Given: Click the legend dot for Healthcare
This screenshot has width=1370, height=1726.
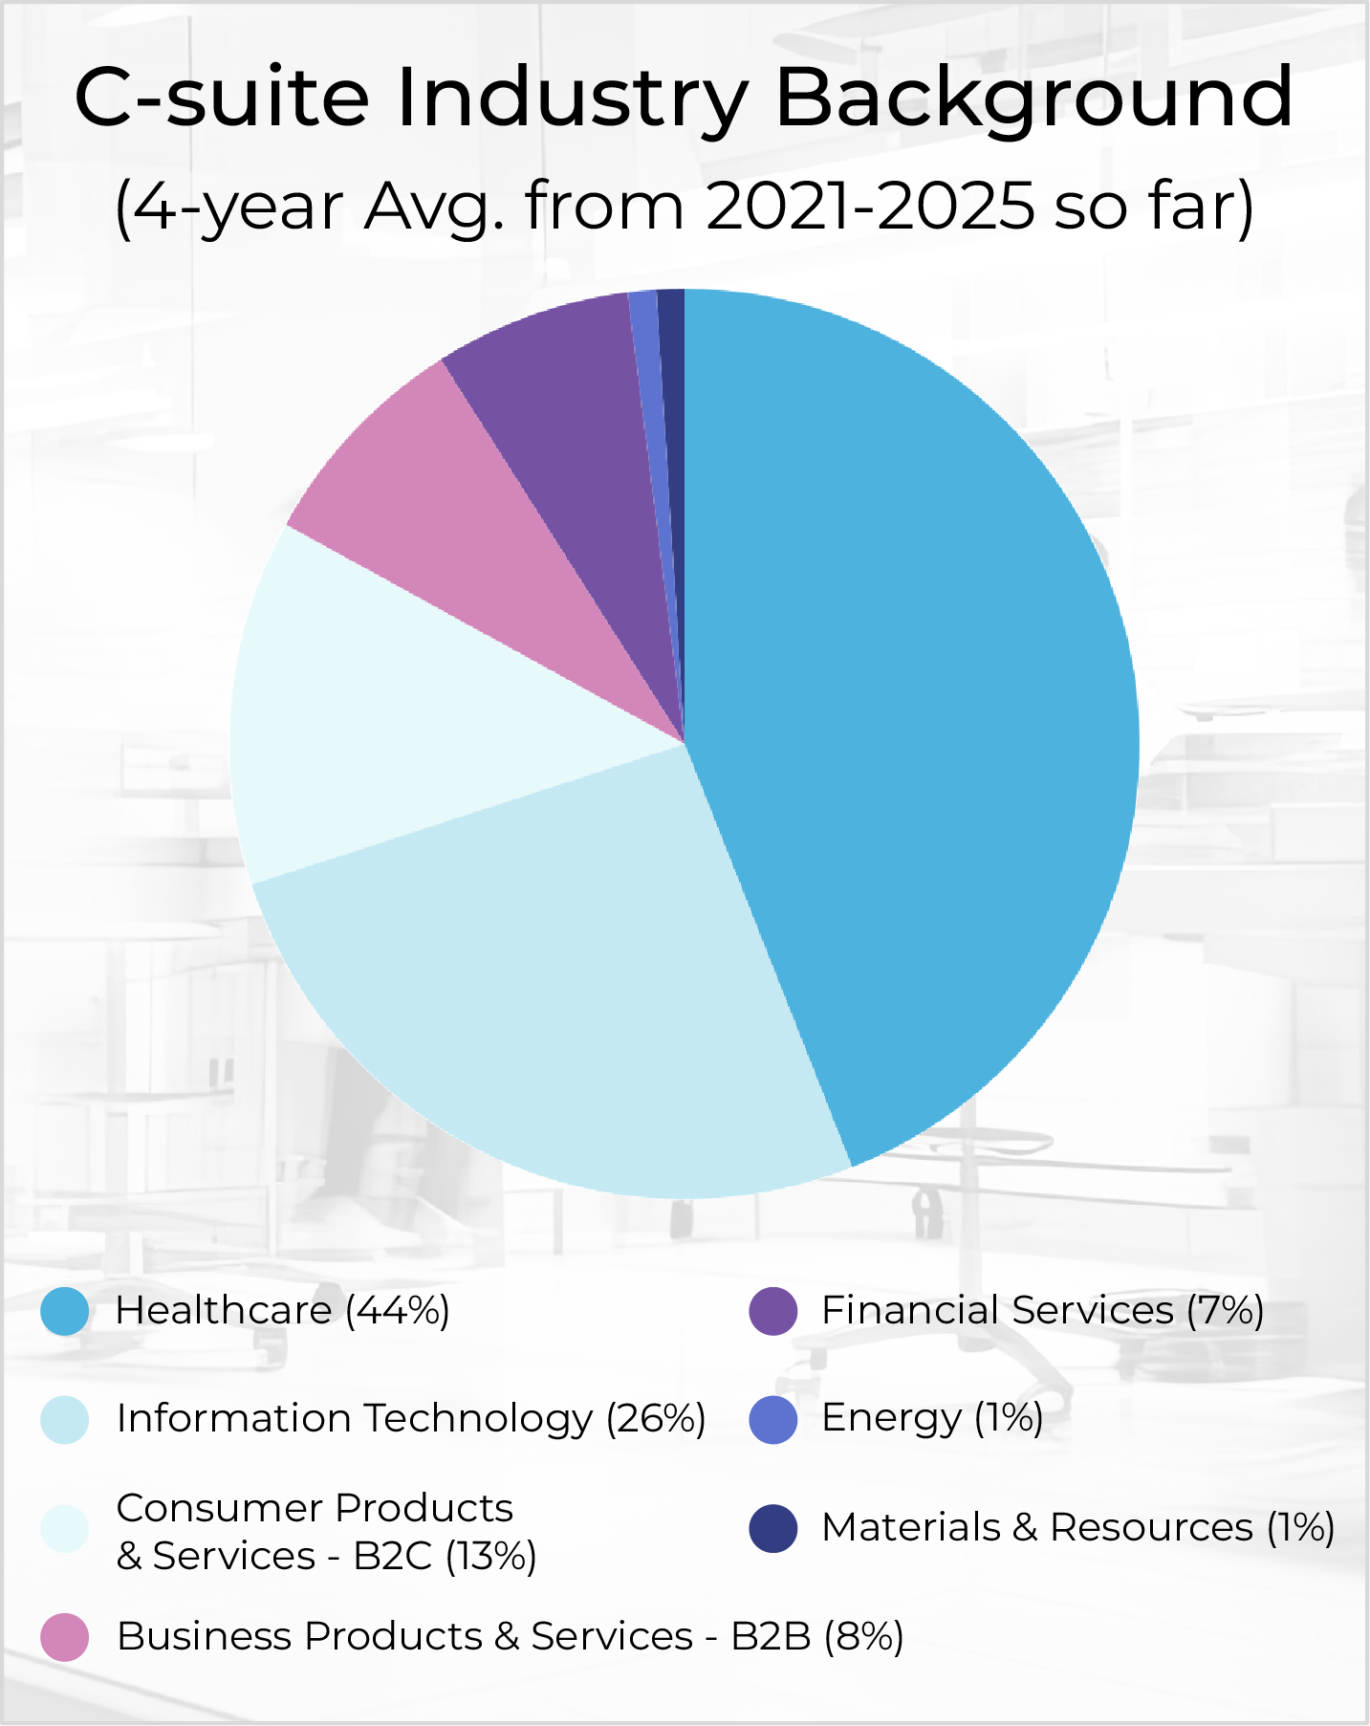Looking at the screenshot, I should click(65, 1311).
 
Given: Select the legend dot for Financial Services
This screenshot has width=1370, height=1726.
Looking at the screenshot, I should click(773, 1311).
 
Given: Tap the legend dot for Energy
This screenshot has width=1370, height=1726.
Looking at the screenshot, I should click(773, 1419).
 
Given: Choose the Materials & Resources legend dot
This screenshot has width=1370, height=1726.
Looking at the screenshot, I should click(773, 1528).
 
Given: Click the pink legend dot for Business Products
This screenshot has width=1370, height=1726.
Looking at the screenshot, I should click(65, 1637).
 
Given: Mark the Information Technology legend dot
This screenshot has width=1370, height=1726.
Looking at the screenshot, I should click(65, 1419).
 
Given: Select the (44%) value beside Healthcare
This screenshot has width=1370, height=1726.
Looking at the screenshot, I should click(398, 1311).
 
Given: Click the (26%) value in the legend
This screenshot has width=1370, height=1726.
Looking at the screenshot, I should click(656, 1419).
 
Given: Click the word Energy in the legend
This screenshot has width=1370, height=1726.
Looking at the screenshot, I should click(891, 1419).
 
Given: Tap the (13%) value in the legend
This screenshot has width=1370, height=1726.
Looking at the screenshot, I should click(490, 1557).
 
